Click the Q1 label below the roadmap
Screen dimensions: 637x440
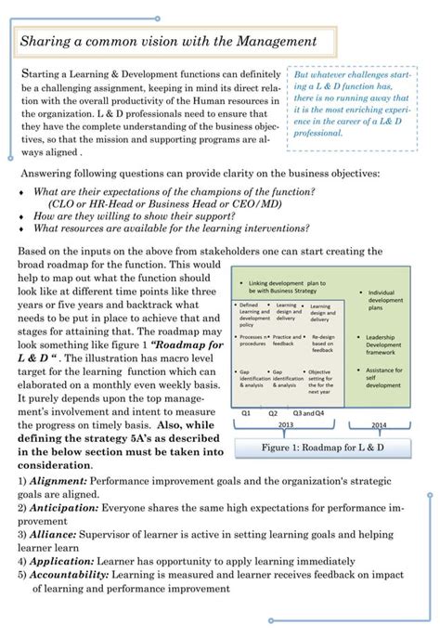point(246,411)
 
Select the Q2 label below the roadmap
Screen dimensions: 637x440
point(274,411)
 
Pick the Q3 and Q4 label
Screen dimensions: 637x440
point(308,411)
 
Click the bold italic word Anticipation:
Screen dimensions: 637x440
point(66,509)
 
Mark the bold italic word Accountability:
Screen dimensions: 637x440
point(72,575)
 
